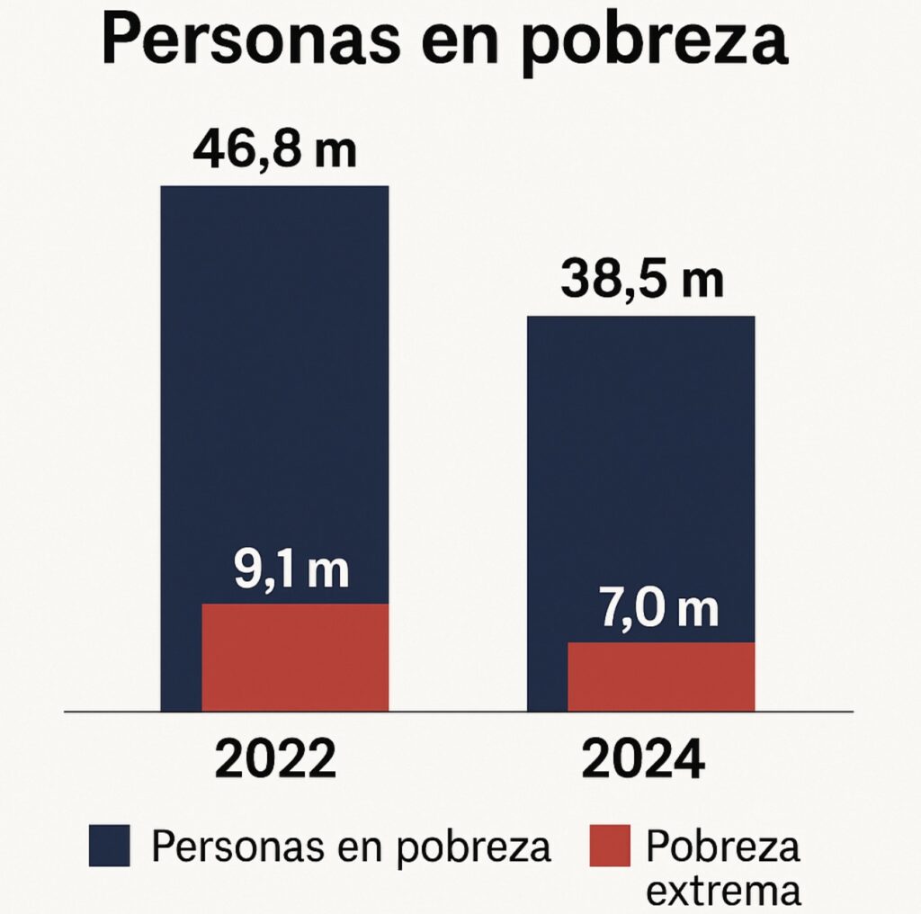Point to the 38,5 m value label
(x=641, y=280)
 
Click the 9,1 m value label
(x=291, y=570)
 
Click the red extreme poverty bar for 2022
(x=295, y=657)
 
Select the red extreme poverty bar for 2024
(x=661, y=677)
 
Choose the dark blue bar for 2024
(x=640, y=468)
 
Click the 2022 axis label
(x=275, y=761)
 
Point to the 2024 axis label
(x=641, y=761)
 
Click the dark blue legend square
(x=109, y=847)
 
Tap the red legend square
(x=610, y=847)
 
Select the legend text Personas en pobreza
(x=351, y=847)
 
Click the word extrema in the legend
(x=723, y=890)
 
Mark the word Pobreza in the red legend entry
(x=722, y=846)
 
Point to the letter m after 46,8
(x=335, y=152)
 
